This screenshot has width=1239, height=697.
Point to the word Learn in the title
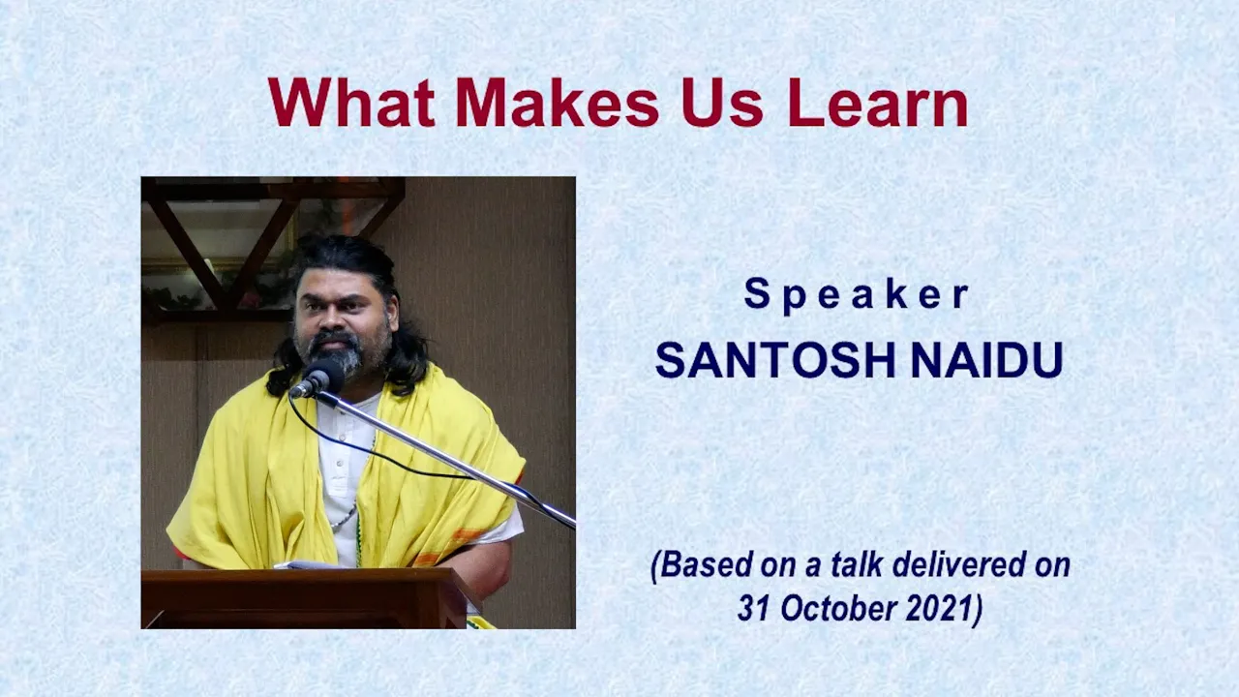[878, 103]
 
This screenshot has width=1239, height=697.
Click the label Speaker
[858, 295]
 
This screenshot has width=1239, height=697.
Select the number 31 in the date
[755, 608]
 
